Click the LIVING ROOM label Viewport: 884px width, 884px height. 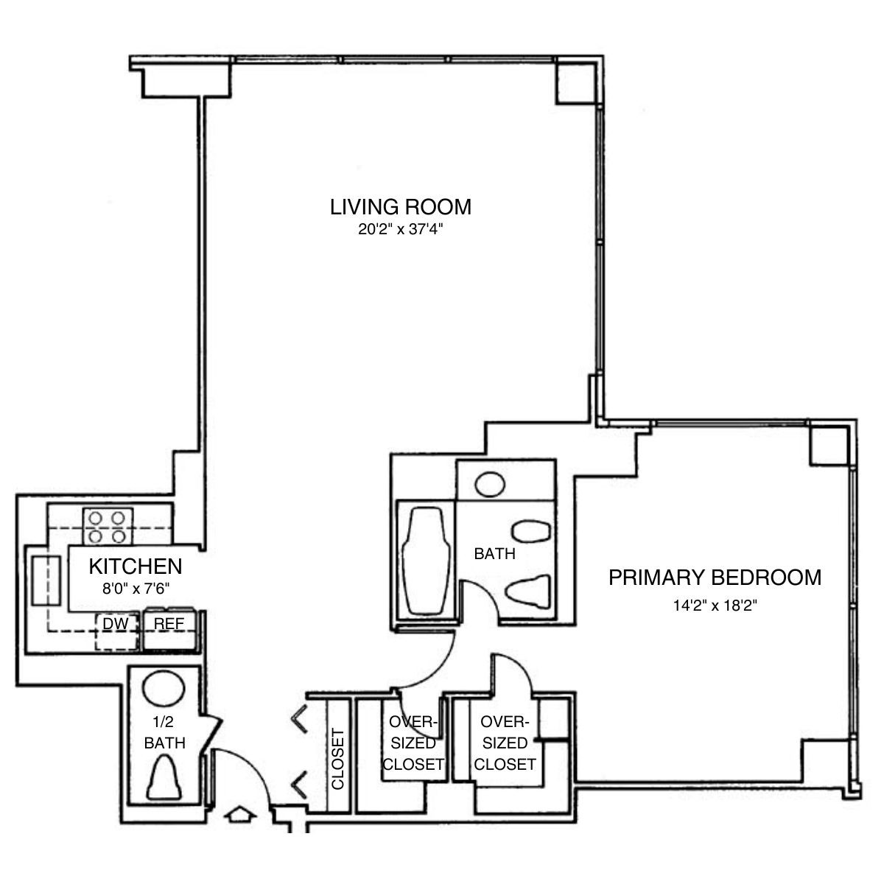[400, 206]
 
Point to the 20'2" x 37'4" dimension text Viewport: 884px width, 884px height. [400, 230]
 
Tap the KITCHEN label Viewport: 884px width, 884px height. [135, 566]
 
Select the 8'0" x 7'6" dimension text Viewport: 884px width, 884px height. [135, 588]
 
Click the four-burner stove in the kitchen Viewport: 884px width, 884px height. [108, 526]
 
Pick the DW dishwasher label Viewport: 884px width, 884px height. [115, 624]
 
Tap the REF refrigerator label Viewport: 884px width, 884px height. [169, 624]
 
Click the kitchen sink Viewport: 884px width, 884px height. [45, 580]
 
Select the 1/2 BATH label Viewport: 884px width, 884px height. [164, 734]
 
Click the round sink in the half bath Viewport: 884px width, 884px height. [164, 689]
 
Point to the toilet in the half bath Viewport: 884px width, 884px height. [164, 779]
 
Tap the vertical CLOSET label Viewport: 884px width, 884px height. [337, 759]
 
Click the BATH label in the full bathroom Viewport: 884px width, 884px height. [494, 554]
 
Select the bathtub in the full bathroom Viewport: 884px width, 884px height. [425, 559]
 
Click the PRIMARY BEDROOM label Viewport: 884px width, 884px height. [715, 577]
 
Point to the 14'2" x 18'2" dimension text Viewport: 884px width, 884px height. [715, 606]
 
